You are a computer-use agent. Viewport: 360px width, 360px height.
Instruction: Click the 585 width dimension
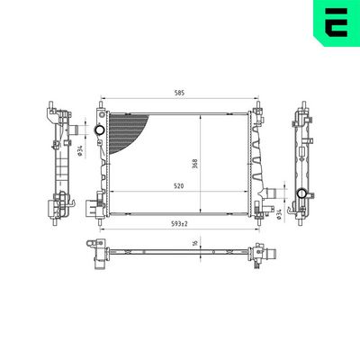[x=181, y=93]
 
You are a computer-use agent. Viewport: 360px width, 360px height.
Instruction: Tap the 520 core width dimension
[x=181, y=184]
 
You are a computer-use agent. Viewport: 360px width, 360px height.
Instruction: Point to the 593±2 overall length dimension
[x=181, y=224]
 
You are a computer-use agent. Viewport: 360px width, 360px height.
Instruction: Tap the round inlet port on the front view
[x=98, y=132]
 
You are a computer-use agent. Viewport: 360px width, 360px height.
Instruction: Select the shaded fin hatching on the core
[x=126, y=130]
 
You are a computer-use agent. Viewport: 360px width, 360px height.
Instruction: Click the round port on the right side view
[x=300, y=195]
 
